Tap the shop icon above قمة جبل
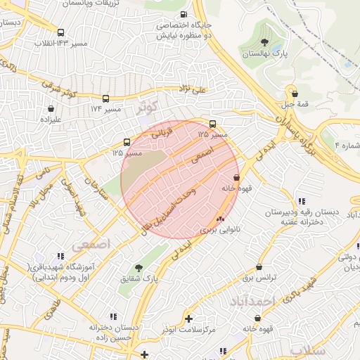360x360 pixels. tap(295, 92)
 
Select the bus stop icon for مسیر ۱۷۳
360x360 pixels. tap(106, 99)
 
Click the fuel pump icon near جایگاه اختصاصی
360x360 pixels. tap(184, 14)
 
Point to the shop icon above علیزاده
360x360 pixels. tap(51, 109)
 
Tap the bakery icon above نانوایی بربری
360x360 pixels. tap(221, 218)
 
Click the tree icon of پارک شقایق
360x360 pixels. tap(139, 268)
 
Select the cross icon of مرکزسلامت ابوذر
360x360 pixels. tap(188, 319)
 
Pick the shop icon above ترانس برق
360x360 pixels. tap(259, 267)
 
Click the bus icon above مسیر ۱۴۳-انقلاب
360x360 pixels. tap(61, 32)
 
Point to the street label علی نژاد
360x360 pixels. tap(193, 89)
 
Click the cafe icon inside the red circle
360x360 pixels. tap(236, 177)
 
